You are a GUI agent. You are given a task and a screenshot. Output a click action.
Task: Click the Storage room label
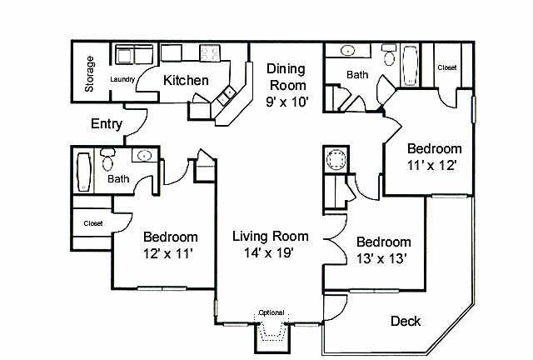click(90, 74)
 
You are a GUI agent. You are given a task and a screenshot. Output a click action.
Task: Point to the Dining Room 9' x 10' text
click(286, 85)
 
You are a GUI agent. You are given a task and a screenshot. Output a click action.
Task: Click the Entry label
click(107, 125)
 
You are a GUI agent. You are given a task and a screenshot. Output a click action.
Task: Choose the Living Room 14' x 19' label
click(262, 242)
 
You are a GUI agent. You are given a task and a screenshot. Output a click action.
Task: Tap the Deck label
click(405, 321)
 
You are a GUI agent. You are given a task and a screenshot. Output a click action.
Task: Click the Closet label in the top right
click(446, 67)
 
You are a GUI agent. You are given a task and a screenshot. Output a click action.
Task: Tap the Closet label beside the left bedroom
click(92, 223)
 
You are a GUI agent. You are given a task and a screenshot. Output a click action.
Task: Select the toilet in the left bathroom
click(107, 158)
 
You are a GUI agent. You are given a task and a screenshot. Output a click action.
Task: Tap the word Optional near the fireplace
click(271, 312)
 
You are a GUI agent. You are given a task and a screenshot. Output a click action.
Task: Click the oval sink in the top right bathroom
click(345, 50)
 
